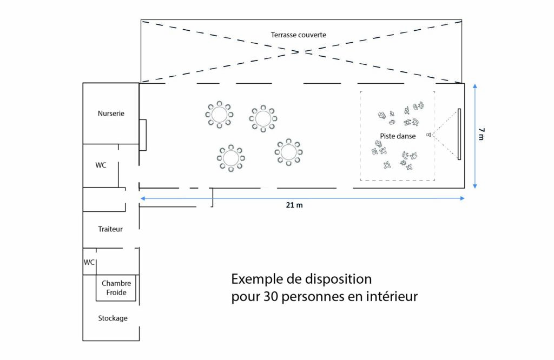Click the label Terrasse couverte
[x=299, y=35]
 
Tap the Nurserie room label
[x=111, y=114]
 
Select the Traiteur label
[x=110, y=229]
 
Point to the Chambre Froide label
[x=116, y=288]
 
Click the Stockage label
[x=113, y=318]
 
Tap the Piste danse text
[x=398, y=136]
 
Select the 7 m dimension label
[x=481, y=135]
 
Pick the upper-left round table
[x=219, y=115]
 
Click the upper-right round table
[x=263, y=118]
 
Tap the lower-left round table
[x=231, y=158]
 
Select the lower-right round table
[x=288, y=152]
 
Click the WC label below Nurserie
[x=101, y=165]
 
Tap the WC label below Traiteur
[x=89, y=262]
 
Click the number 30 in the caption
[x=271, y=297]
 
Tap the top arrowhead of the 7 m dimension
[x=475, y=86]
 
